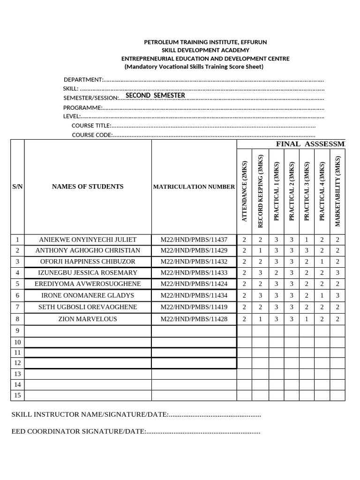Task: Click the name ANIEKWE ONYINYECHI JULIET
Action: tap(88, 239)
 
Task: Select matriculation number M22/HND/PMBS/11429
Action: tap(194, 250)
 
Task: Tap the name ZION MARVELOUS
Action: tap(88, 319)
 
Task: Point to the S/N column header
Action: tap(17, 187)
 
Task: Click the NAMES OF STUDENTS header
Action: tap(88, 187)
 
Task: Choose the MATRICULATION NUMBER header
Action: tap(194, 187)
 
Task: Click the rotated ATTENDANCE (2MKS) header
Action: tap(244, 191)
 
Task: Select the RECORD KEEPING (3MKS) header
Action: tap(260, 191)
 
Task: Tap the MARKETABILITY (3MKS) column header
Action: tap(337, 191)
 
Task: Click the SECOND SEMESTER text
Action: tap(155, 96)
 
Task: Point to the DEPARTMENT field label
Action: tap(83, 80)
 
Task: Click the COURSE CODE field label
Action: tap(92, 135)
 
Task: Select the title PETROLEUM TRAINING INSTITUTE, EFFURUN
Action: tap(205, 42)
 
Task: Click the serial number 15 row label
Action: tap(17, 395)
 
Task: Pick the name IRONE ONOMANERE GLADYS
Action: tap(88, 295)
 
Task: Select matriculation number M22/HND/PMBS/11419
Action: tap(194, 307)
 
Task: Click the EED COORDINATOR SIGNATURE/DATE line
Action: tap(135, 431)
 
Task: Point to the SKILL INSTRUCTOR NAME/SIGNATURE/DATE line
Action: tap(136, 415)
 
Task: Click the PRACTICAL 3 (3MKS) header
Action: tap(307, 191)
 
